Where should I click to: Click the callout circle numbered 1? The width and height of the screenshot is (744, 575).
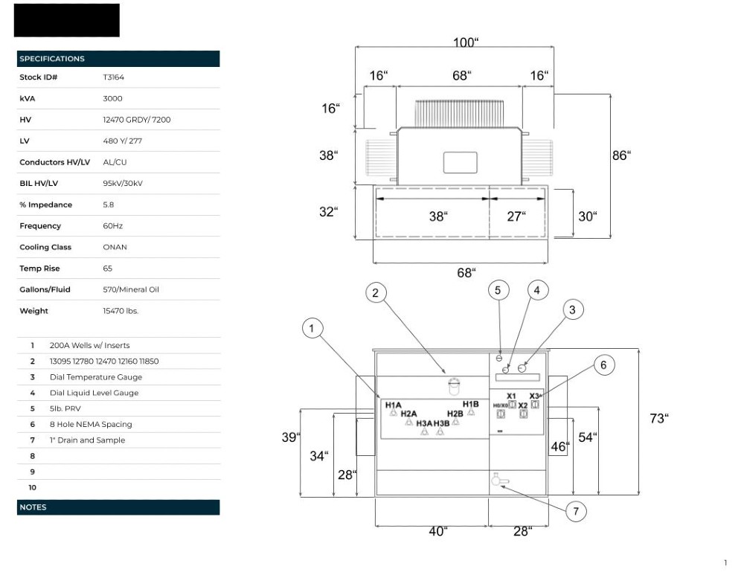pyautogui.click(x=313, y=327)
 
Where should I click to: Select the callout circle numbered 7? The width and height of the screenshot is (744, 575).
pyautogui.click(x=575, y=511)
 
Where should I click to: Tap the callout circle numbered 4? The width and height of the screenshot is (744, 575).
pyautogui.click(x=536, y=291)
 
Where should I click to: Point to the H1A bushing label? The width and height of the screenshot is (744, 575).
pyautogui.click(x=393, y=405)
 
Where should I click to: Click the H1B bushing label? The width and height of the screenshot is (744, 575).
pyautogui.click(x=470, y=404)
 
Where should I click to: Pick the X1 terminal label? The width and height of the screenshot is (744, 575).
pyautogui.click(x=511, y=396)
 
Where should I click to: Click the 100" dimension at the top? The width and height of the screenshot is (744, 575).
pyautogui.click(x=465, y=43)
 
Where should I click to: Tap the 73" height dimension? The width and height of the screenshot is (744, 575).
pyautogui.click(x=658, y=419)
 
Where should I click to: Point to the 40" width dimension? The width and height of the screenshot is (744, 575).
pyautogui.click(x=438, y=531)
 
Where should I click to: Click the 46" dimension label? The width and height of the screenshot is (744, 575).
pyautogui.click(x=559, y=447)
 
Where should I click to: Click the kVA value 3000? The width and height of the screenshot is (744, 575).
pyautogui.click(x=112, y=98)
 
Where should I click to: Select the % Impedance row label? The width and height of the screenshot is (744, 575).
pyautogui.click(x=45, y=205)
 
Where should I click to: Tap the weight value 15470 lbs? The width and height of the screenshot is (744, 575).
pyautogui.click(x=121, y=311)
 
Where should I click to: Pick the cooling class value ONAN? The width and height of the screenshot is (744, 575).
pyautogui.click(x=115, y=247)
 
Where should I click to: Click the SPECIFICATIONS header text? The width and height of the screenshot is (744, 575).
pyautogui.click(x=52, y=59)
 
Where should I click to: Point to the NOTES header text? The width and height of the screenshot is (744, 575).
pyautogui.click(x=33, y=507)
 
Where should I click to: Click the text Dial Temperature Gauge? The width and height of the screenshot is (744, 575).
pyautogui.click(x=96, y=377)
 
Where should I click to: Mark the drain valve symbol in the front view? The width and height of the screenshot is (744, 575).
pyautogui.click(x=498, y=481)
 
